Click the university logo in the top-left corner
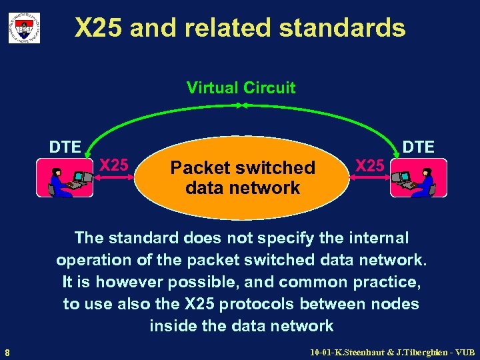point(24,28)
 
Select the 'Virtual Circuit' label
point(241,87)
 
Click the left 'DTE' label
point(65,147)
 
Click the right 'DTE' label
point(419,147)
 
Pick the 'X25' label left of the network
point(114,164)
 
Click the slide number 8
point(7,352)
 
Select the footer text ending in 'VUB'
point(393,351)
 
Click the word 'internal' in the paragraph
point(377,238)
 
